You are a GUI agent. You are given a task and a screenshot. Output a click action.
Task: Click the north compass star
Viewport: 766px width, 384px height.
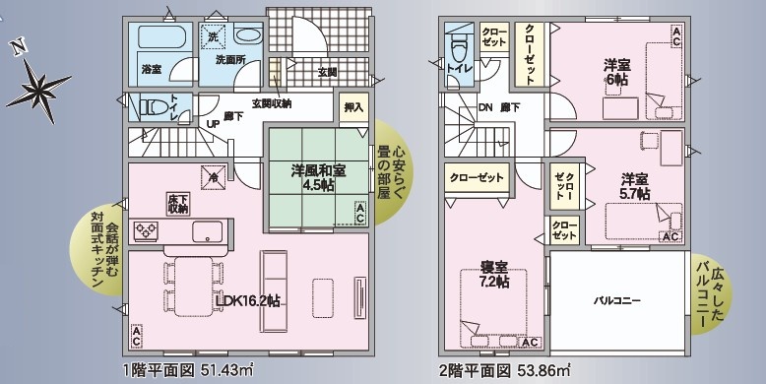[x=38, y=90]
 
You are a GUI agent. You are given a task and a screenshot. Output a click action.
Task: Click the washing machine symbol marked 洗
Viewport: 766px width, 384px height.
[x=215, y=36]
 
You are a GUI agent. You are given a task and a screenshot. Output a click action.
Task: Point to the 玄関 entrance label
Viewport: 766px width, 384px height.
[x=327, y=72]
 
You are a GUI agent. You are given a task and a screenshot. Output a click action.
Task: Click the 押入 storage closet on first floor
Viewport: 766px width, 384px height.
[x=353, y=107]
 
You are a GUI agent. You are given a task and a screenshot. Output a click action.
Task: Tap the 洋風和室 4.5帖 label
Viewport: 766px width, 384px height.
[x=319, y=179]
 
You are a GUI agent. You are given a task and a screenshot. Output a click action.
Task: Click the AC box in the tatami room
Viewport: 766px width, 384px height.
[x=359, y=214]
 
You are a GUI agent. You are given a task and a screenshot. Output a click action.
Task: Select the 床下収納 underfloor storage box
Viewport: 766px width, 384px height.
[x=178, y=204]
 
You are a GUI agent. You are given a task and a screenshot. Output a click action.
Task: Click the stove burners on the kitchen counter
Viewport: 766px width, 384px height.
[x=147, y=231]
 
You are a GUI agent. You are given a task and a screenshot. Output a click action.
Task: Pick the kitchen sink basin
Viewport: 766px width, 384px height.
[x=207, y=231]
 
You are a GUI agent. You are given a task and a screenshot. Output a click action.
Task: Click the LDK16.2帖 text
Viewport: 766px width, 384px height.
[x=248, y=300]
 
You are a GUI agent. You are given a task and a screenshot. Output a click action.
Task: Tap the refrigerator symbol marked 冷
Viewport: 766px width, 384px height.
[x=214, y=176]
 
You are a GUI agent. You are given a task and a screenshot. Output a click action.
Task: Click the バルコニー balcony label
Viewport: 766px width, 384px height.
[x=617, y=301]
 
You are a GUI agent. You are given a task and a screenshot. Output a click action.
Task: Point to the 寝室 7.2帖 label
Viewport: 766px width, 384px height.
[x=493, y=274]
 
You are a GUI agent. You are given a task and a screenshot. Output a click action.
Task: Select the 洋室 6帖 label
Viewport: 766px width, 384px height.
[x=616, y=72]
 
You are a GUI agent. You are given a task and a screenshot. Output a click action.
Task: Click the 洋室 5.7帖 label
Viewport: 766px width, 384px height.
[x=635, y=186]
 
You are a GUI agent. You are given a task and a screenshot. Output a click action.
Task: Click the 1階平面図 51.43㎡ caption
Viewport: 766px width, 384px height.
[x=189, y=370]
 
